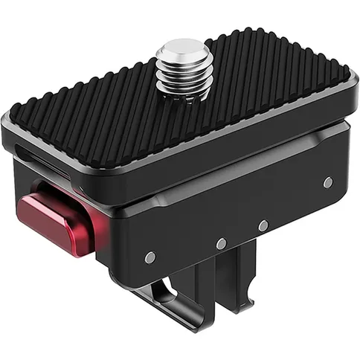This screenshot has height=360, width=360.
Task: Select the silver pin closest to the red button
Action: [x=150, y=257]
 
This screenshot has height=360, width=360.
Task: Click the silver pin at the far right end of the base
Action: [x=327, y=181]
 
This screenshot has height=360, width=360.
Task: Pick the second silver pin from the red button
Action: [x=221, y=242]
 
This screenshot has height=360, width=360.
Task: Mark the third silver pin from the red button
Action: [x=263, y=225]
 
